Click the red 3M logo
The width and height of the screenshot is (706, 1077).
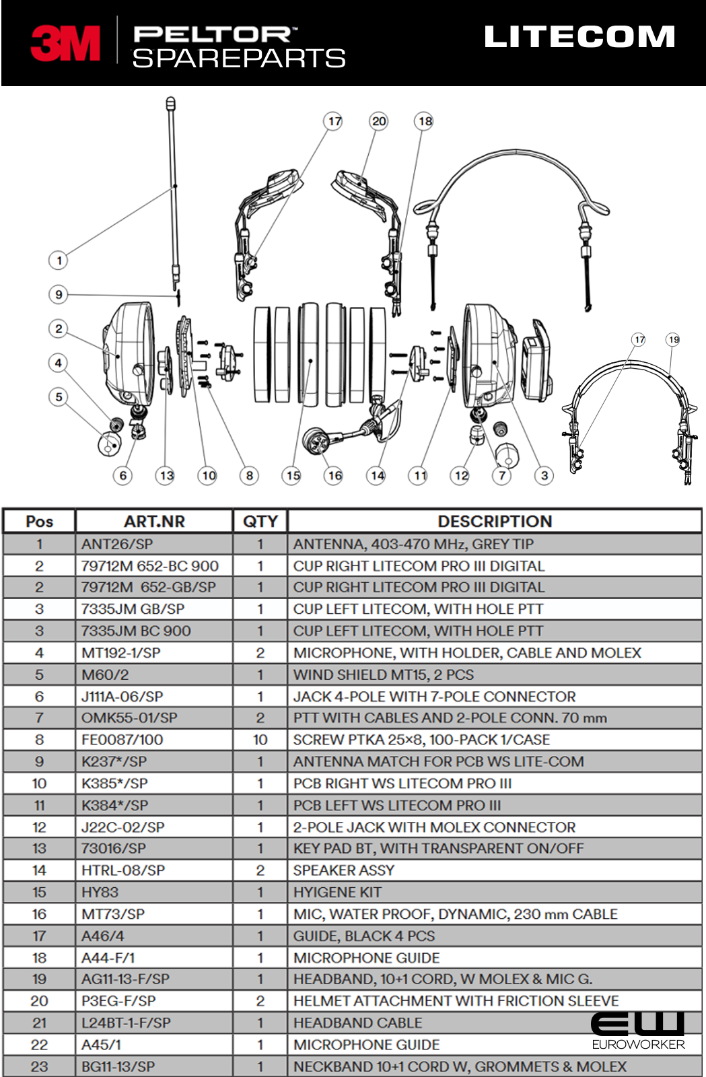point(65,44)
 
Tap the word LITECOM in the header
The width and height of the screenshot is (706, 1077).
point(579,37)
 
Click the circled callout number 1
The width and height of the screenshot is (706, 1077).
point(59,260)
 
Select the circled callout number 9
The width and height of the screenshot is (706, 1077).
point(59,294)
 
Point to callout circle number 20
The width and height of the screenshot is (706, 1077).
point(379,121)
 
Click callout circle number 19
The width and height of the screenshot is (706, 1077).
point(673,339)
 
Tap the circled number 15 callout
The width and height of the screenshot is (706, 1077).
point(292,475)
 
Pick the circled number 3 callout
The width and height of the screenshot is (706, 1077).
point(544,475)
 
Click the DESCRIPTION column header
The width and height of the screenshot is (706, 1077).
point(495,522)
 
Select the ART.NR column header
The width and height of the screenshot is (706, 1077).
point(154,522)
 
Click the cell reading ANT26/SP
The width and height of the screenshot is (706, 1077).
point(117,544)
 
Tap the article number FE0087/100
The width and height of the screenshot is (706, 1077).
point(122,740)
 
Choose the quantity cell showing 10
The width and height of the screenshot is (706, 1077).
point(260,740)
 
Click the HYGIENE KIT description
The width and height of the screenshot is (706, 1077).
point(337,893)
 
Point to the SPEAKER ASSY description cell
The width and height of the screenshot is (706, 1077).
point(343,870)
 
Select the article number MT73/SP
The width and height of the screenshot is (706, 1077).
point(113,914)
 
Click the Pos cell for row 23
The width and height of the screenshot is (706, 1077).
point(39,1067)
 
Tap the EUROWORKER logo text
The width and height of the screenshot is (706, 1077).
point(638,1044)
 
